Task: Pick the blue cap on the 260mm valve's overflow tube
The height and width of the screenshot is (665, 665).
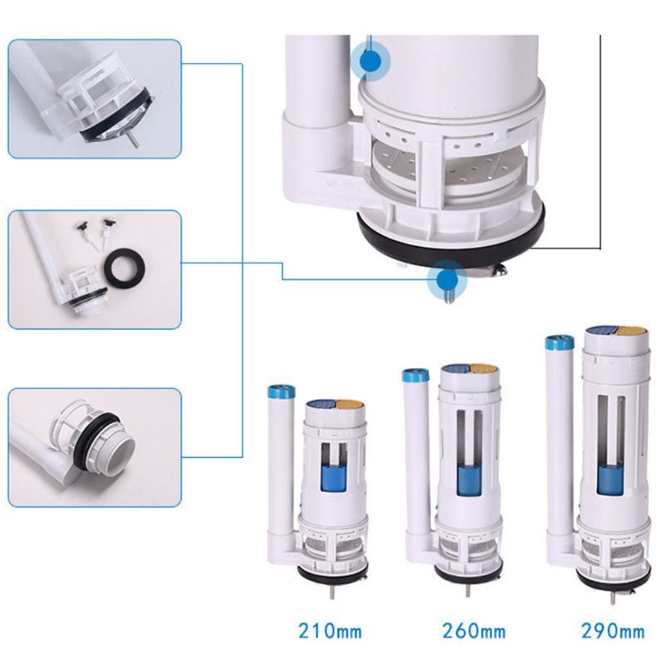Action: coord(415,375)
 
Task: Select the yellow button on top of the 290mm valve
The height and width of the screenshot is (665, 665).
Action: coord(629,331)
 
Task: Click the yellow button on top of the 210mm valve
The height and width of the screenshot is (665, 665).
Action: coord(350,404)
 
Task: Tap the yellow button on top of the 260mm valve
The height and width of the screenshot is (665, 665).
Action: coord(484,368)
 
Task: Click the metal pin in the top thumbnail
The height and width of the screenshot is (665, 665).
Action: coord(133,139)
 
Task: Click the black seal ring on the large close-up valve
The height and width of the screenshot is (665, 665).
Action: coord(449,241)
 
